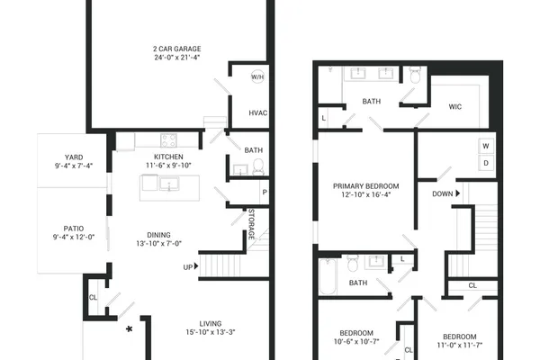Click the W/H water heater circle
(257, 76)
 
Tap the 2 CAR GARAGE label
(177, 49)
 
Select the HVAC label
(258, 113)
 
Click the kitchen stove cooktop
(169, 140)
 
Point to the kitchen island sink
(169, 184)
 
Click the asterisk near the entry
(129, 329)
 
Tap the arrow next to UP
(196, 266)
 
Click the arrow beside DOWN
(458, 193)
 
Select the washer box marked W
(486, 146)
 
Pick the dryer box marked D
(486, 163)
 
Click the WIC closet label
(454, 107)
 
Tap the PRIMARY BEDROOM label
(365, 186)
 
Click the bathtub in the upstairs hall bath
(328, 276)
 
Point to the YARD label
(74, 157)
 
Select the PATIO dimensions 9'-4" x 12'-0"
(74, 237)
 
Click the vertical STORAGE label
(251, 224)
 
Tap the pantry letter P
(265, 192)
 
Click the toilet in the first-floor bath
(258, 166)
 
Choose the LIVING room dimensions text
(211, 332)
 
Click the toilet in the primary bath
(415, 75)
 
